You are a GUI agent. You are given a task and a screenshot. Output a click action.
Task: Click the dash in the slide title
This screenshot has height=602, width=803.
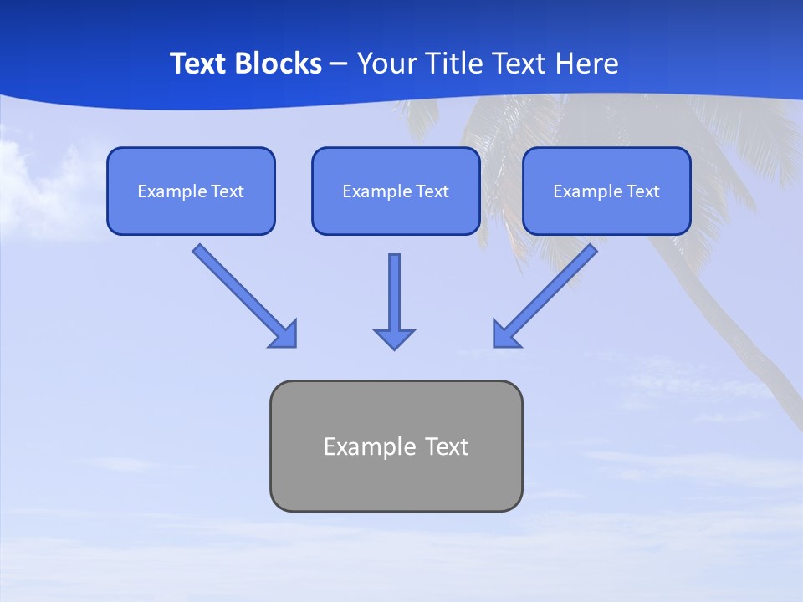(339, 64)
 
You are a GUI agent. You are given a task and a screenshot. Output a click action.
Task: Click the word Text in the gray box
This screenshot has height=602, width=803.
(448, 446)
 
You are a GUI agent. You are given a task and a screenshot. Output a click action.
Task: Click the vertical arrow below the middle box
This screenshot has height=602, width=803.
(394, 293)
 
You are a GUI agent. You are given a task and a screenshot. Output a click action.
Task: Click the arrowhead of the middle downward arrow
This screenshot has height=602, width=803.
(394, 339)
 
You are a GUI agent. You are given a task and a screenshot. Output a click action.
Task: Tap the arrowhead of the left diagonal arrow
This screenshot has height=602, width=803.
(285, 335)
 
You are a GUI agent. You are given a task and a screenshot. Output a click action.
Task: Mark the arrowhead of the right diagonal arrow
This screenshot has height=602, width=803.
(504, 335)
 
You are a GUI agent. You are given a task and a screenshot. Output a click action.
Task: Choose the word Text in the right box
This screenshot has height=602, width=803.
(643, 191)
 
